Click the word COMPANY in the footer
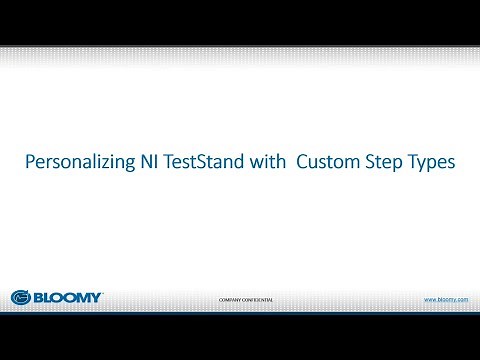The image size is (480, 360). click(231, 299)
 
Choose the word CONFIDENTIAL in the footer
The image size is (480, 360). click(259, 299)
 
